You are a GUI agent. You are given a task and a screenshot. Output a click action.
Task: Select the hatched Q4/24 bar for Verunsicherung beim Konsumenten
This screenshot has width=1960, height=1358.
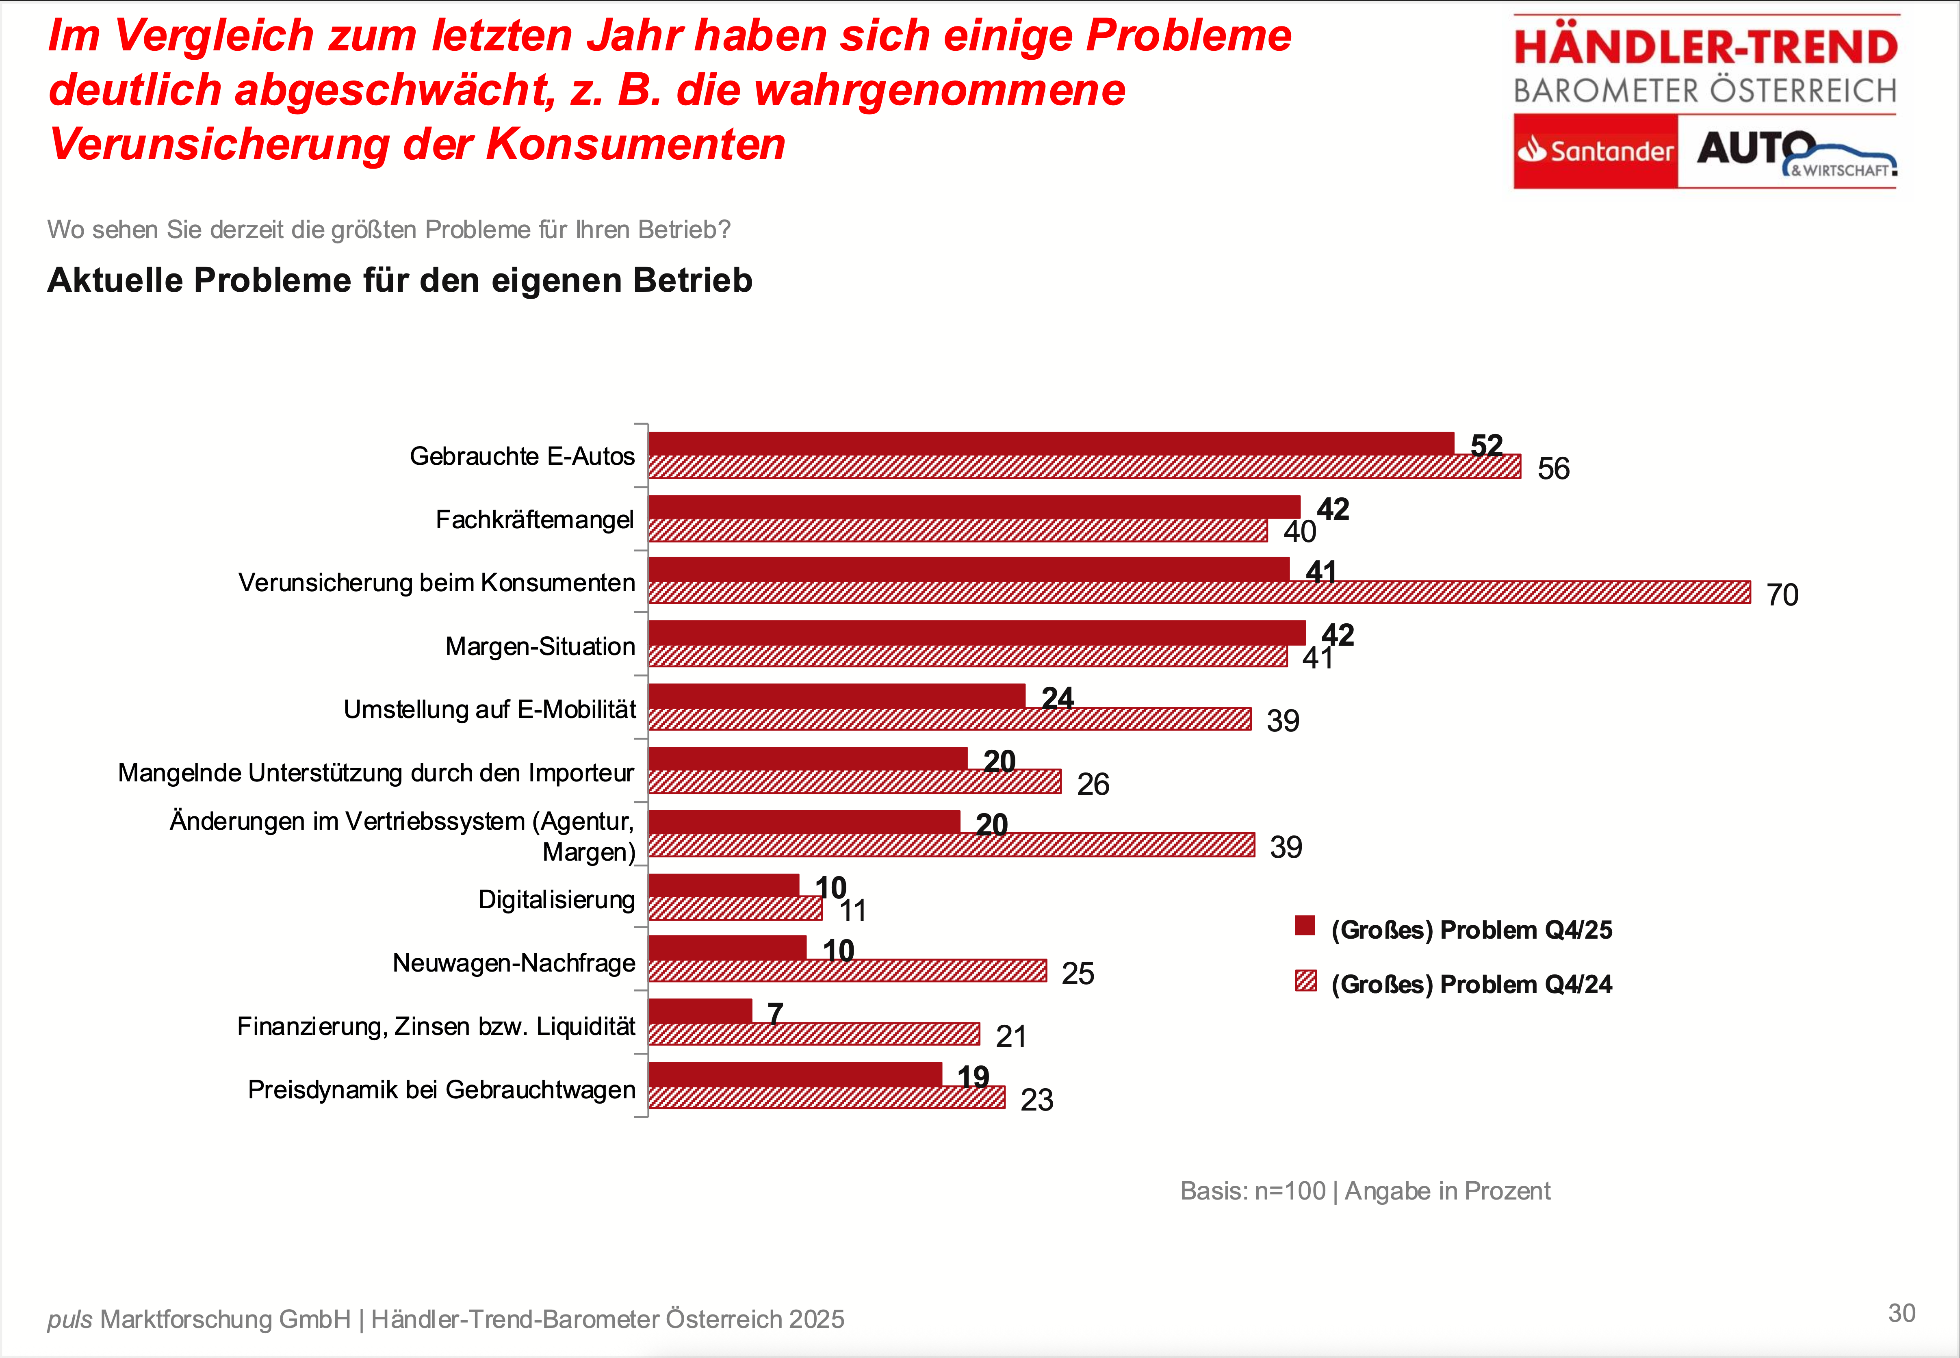(x=1199, y=592)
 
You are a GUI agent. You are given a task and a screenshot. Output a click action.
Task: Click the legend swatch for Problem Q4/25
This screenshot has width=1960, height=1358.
(x=1305, y=926)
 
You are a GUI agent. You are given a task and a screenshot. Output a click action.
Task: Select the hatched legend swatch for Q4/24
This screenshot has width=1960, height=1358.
(x=1305, y=981)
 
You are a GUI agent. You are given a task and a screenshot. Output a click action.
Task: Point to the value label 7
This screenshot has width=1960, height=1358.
(x=775, y=1013)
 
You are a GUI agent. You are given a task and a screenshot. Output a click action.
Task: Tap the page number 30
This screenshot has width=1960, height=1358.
(x=1901, y=1313)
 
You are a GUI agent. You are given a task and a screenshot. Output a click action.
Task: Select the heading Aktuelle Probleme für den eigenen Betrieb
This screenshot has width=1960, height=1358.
(x=400, y=280)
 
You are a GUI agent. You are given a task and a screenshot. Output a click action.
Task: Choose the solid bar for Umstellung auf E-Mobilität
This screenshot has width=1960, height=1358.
(x=836, y=696)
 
